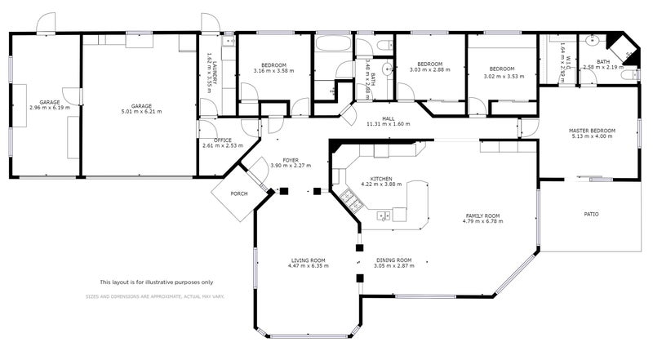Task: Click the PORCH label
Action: [239, 193]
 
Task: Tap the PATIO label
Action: [591, 215]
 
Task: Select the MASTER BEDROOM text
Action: [592, 131]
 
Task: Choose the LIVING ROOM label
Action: [308, 260]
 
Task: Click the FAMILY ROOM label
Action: [481, 216]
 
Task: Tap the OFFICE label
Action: [216, 140]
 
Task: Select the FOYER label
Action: [290, 160]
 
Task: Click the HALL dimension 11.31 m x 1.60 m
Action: [389, 124]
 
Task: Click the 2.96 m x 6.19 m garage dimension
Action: [49, 107]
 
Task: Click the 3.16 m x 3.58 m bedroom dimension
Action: [273, 71]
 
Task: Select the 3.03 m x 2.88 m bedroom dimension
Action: [429, 71]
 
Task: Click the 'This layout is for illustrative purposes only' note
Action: [156, 282]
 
